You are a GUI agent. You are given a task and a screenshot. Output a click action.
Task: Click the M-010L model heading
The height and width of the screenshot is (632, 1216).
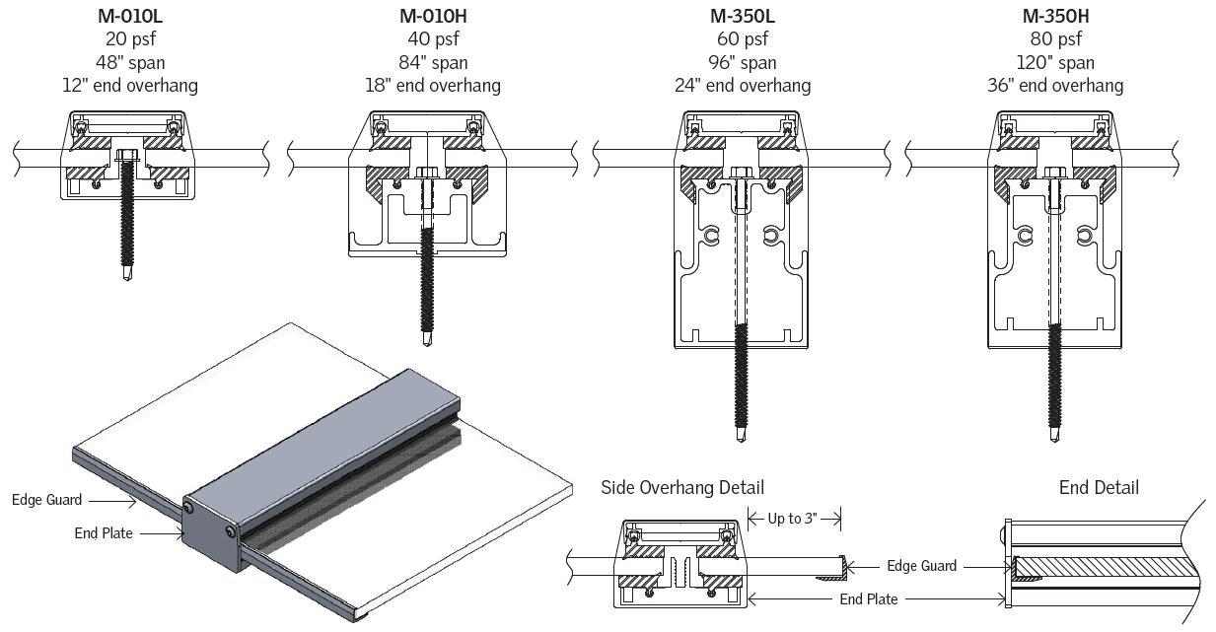129,17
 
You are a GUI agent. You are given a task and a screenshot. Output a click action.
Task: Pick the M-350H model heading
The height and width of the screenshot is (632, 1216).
1055,17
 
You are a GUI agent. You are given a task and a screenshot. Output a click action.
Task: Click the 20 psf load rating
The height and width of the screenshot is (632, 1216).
129,39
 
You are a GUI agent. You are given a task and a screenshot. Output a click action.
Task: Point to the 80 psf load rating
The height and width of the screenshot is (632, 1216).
1055,39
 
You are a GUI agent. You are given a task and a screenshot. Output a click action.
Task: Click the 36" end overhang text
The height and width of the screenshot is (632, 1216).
1055,86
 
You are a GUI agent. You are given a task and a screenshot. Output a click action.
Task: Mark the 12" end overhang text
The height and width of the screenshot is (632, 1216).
129,86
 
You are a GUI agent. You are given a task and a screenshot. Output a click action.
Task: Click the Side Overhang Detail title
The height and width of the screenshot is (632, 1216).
682,488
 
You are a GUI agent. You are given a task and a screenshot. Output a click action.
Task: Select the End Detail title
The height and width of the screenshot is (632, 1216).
1099,488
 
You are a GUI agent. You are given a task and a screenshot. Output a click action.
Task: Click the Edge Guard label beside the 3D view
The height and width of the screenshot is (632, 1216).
46,500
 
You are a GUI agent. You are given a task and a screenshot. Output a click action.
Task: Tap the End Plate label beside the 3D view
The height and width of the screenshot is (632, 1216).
104,533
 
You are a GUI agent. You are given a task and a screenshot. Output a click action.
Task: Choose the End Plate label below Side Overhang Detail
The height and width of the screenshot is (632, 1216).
869,598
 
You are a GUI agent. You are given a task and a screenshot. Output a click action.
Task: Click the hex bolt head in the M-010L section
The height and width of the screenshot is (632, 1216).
127,155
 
